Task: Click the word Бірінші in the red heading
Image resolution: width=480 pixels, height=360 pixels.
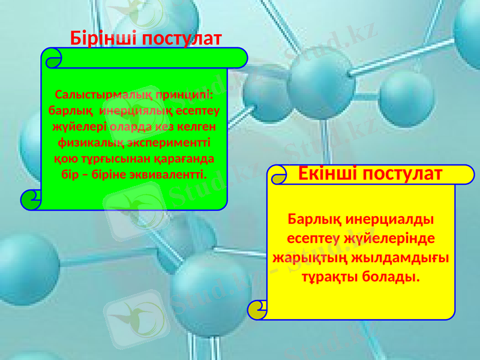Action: coord(103,39)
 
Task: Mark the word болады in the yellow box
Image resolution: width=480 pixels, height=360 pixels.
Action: coord(391,278)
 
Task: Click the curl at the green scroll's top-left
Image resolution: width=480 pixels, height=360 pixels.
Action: coord(53,58)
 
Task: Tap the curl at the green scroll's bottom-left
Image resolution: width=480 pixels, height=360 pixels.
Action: coord(31,199)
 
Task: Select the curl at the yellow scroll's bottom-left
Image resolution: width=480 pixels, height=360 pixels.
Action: coord(257,309)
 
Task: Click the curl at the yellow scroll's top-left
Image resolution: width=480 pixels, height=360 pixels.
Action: coord(278,176)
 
